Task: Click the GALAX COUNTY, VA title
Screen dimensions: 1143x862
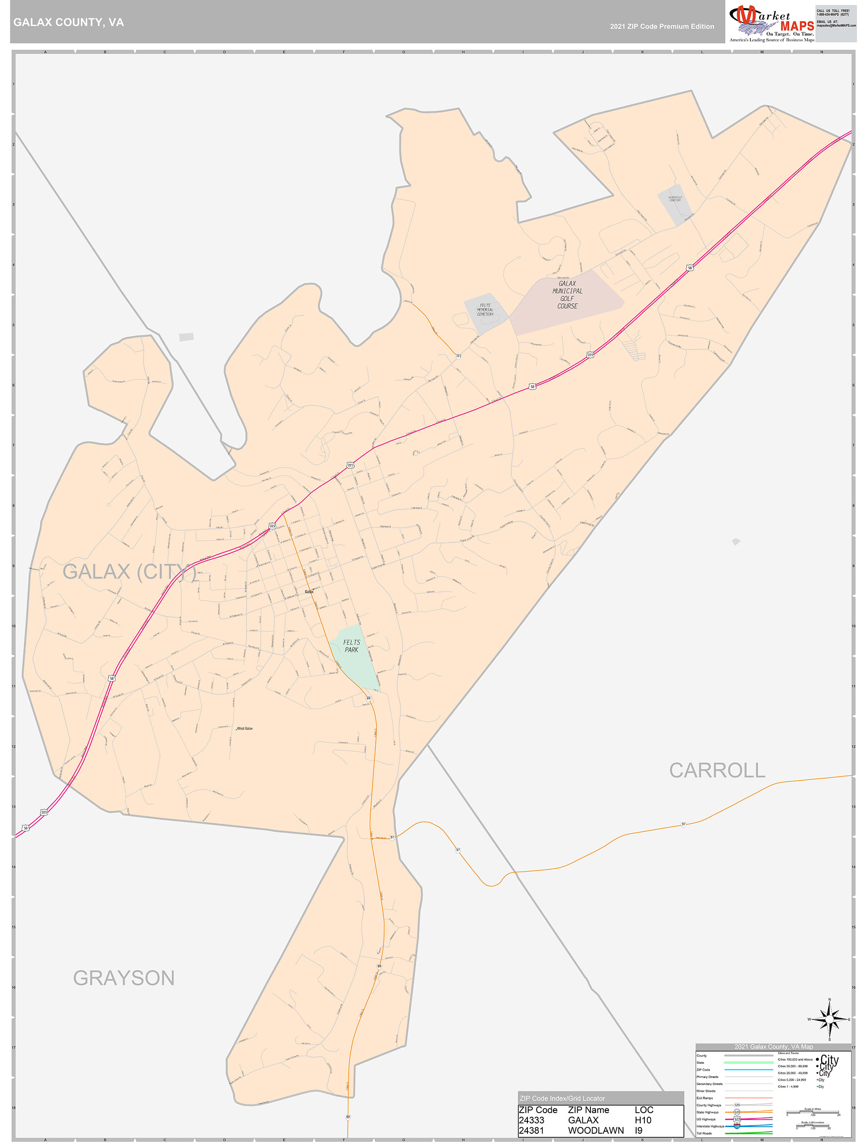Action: [68, 22]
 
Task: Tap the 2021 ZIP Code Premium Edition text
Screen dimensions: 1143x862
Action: [662, 26]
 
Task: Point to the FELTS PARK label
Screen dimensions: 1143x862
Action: [351, 646]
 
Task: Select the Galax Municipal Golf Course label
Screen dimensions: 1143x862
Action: [567, 295]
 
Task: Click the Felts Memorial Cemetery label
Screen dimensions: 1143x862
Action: [485, 309]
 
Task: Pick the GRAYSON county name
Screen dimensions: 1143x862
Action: [124, 978]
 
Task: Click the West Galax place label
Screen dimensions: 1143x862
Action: [244, 728]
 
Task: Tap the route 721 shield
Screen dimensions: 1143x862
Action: [458, 356]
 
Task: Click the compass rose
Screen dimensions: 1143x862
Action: [829, 1019]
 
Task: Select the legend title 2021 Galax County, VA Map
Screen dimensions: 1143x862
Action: [773, 1046]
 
